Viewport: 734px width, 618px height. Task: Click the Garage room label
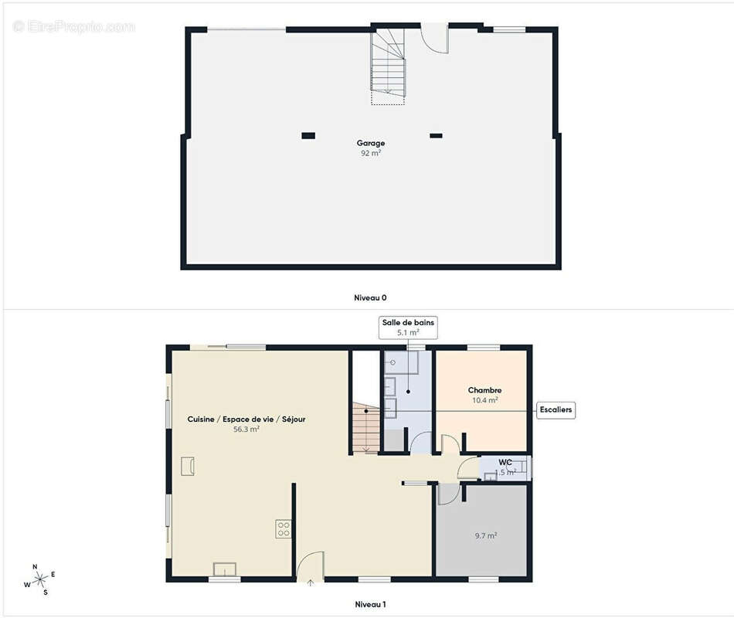pyautogui.click(x=371, y=143)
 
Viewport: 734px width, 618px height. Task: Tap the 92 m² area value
pyautogui.click(x=371, y=153)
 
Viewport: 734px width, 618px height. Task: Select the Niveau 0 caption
pyautogui.click(x=370, y=297)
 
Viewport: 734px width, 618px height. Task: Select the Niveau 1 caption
pyautogui.click(x=370, y=604)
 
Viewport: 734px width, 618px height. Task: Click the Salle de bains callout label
pyautogui.click(x=409, y=323)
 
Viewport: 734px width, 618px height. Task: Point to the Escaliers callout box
pyautogui.click(x=556, y=409)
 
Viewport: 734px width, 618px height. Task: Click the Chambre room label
pyautogui.click(x=485, y=391)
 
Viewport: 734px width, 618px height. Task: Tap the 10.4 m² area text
pyautogui.click(x=485, y=401)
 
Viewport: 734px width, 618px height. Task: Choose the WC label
pyautogui.click(x=505, y=462)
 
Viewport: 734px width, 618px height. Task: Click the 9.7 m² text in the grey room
pyautogui.click(x=485, y=535)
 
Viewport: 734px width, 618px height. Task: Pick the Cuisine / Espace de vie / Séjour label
pyautogui.click(x=246, y=419)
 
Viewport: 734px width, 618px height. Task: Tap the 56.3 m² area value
pyautogui.click(x=246, y=429)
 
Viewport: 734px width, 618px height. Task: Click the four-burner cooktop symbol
pyautogui.click(x=284, y=529)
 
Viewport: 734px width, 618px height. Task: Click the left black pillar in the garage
pyautogui.click(x=308, y=136)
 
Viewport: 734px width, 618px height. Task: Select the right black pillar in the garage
pyautogui.click(x=436, y=136)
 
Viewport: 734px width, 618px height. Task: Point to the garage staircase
pyautogui.click(x=388, y=66)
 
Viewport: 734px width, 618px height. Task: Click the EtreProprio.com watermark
pyautogui.click(x=73, y=26)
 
